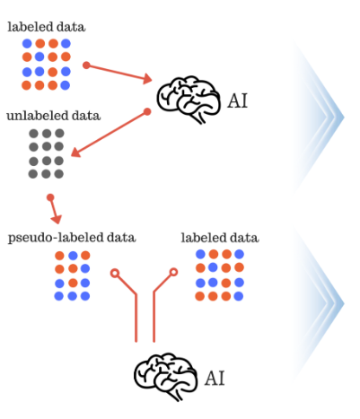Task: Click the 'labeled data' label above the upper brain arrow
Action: click(47, 27)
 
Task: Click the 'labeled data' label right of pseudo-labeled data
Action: click(220, 238)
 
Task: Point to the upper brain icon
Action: click(189, 100)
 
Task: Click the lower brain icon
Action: click(165, 377)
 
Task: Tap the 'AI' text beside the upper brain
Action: click(238, 100)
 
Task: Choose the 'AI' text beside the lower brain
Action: click(215, 379)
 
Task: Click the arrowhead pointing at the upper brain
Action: click(147, 79)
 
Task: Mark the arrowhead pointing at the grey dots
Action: click(75, 153)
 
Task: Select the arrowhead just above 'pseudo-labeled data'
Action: click(57, 220)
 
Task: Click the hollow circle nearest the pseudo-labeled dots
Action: click(115, 273)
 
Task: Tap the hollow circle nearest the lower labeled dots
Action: click(173, 272)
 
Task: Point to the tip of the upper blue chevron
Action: click(345, 118)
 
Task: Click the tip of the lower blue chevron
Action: click(345, 304)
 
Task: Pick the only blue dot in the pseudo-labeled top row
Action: click(73, 256)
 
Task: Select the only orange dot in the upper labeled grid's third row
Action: click(53, 72)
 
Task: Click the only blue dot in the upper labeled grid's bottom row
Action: click(66, 85)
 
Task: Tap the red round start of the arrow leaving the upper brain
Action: click(147, 111)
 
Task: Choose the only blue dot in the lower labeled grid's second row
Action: click(213, 267)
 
